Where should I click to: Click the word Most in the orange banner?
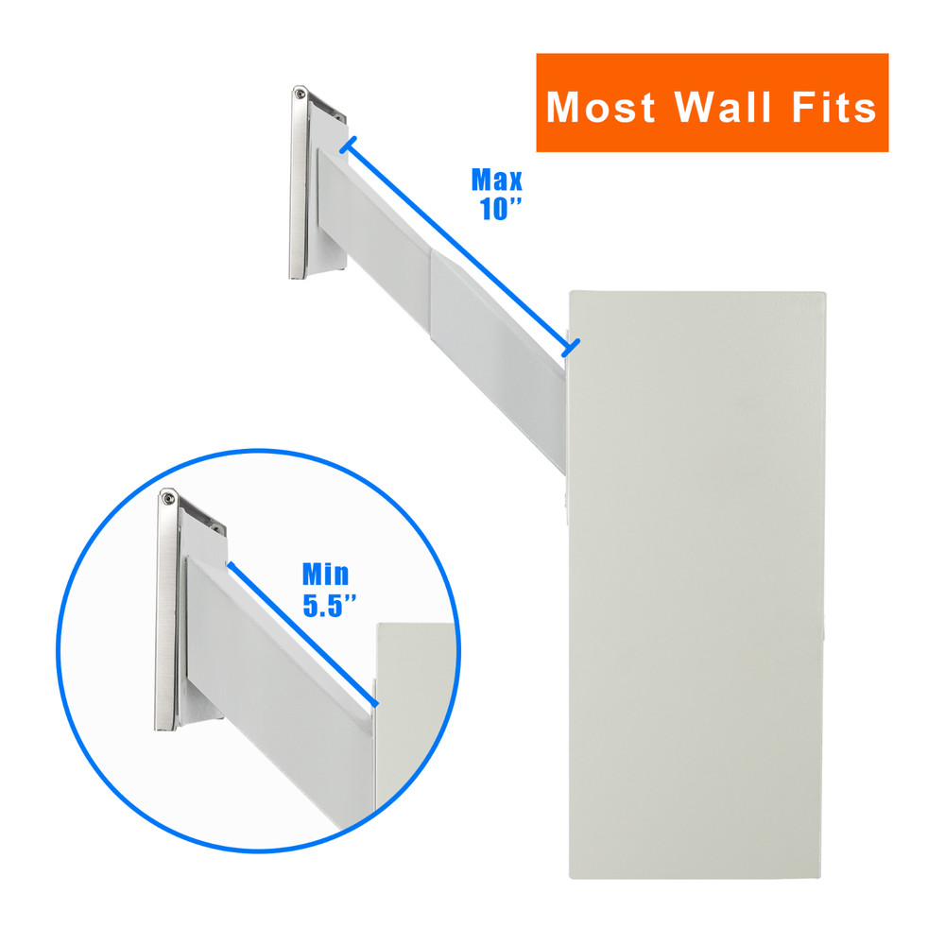(x=601, y=107)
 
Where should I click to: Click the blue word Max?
(x=497, y=180)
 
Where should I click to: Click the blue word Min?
(x=325, y=574)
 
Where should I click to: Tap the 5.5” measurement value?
(x=329, y=606)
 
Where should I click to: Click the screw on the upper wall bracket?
(x=300, y=93)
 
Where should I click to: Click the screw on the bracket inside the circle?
(x=167, y=498)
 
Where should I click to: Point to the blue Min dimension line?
(x=302, y=635)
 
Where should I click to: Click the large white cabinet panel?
(x=697, y=586)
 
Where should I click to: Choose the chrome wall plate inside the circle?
(x=166, y=614)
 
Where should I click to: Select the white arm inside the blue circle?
(x=274, y=661)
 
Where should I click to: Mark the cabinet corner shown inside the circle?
(x=378, y=626)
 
